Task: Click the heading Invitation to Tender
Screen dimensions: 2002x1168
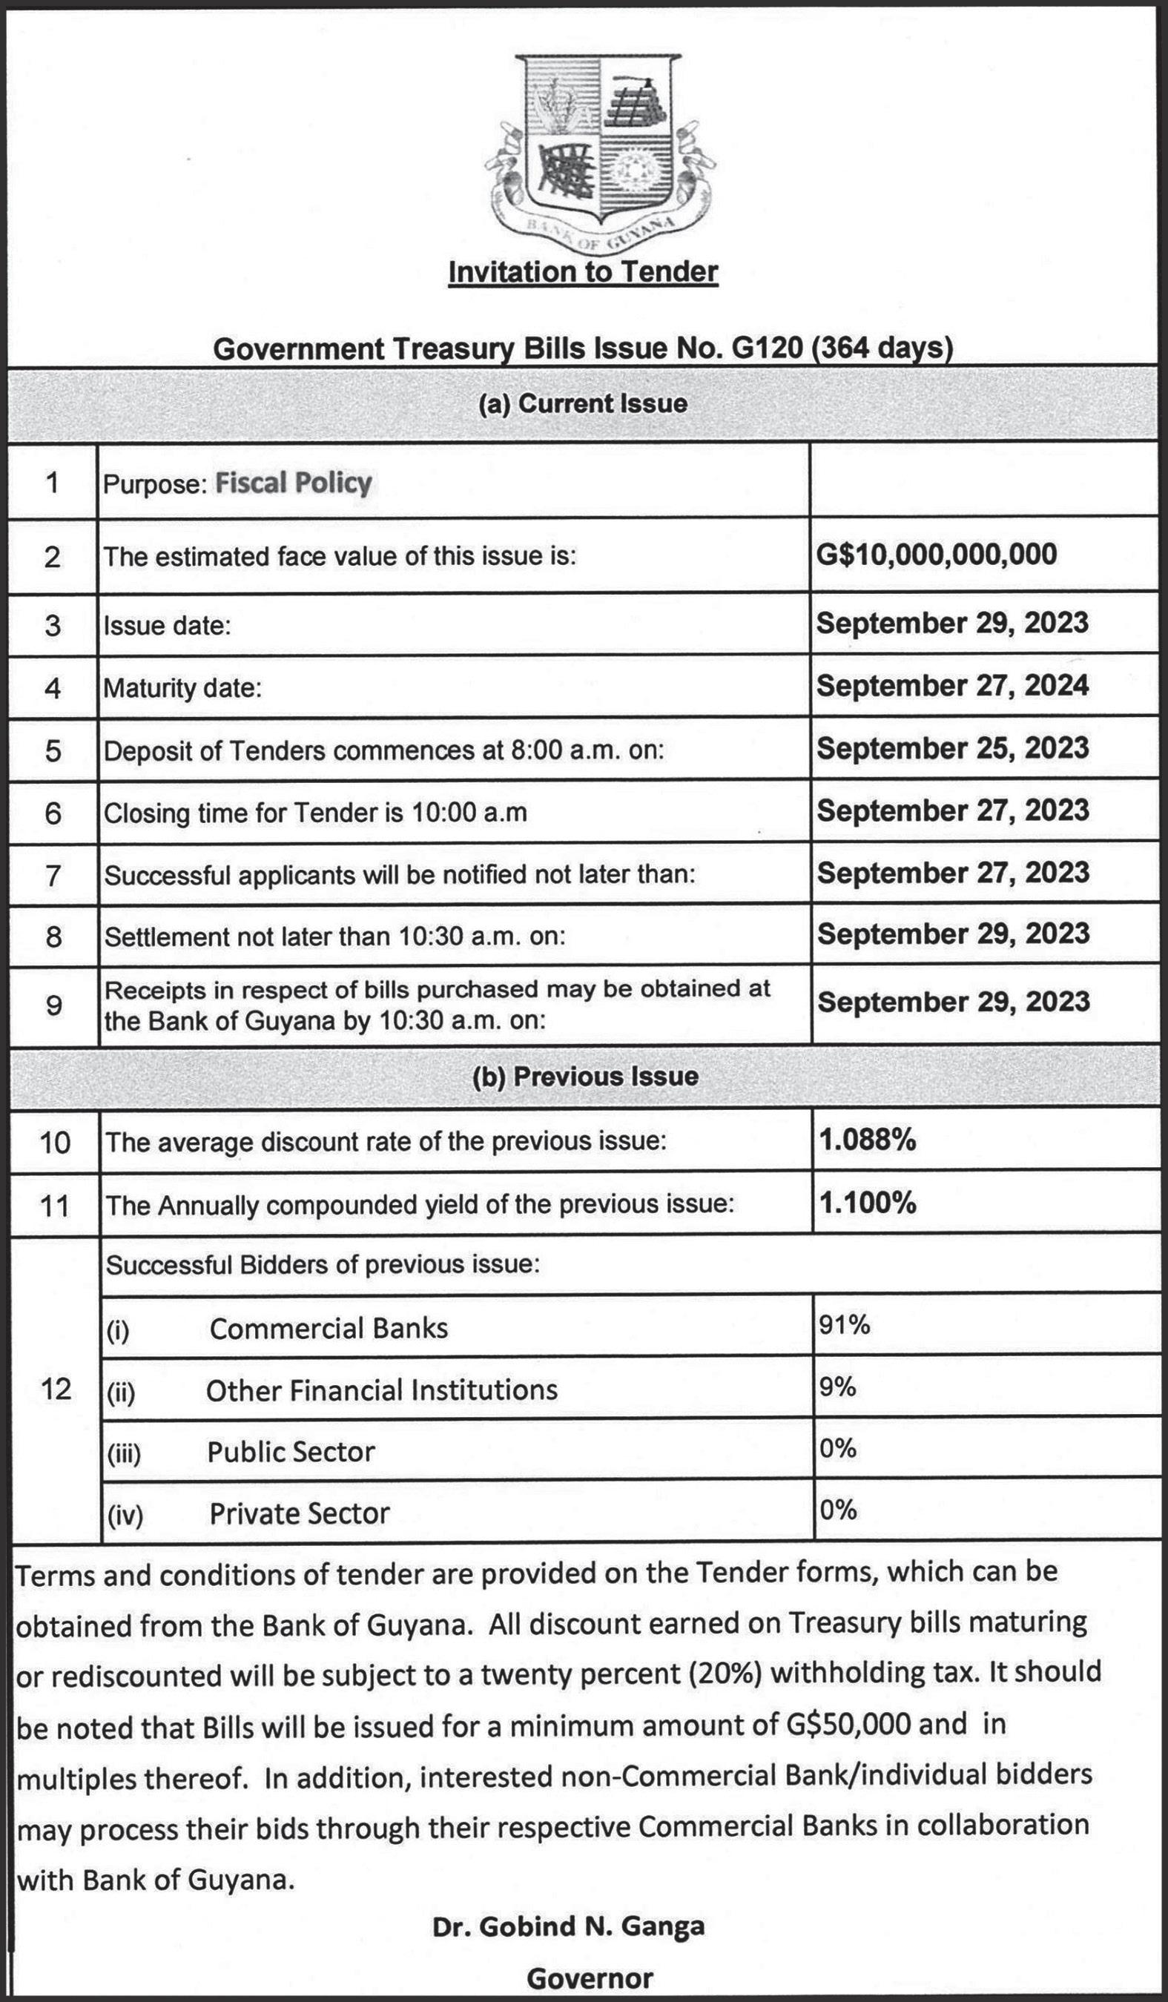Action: [x=583, y=271]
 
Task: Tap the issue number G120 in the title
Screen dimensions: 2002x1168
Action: [x=766, y=348]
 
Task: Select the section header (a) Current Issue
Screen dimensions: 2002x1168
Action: [x=583, y=403]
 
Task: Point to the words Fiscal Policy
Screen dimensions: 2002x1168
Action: [x=294, y=483]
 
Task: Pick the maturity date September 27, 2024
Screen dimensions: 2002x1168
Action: [x=952, y=685]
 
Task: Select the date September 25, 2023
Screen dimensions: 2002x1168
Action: [x=952, y=747]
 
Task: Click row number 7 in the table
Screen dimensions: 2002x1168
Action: [x=53, y=876]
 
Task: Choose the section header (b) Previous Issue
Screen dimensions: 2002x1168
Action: [x=585, y=1077]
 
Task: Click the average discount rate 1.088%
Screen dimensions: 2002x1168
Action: [x=868, y=1140]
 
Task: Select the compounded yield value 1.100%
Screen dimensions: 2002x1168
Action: [x=868, y=1203]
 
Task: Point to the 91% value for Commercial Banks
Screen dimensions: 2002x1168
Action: [x=845, y=1324]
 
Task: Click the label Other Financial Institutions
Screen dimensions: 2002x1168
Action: [x=381, y=1390]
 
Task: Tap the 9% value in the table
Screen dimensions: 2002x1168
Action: [x=837, y=1387]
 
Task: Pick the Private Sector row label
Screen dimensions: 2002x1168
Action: [x=300, y=1513]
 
